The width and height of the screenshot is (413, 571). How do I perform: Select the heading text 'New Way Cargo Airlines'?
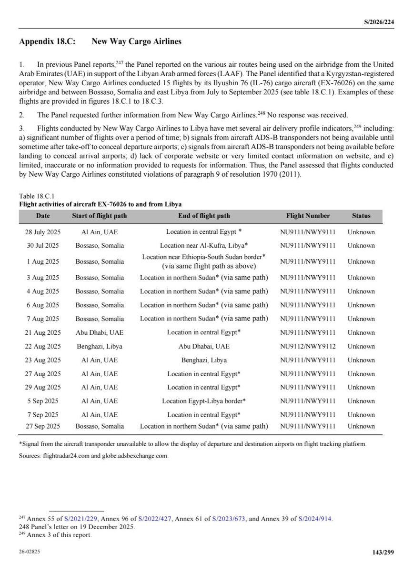point(136,41)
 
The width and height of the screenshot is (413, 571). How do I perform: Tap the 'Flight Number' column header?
point(308,216)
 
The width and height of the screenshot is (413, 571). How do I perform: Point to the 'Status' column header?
point(361,216)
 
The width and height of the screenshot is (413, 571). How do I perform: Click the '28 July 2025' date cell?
point(42,232)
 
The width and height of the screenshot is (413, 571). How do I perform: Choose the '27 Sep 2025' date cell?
point(42,426)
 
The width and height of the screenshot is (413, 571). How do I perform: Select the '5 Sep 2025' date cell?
point(42,401)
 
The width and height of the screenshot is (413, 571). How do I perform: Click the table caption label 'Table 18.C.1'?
point(36,195)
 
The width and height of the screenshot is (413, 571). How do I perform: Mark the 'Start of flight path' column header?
point(99,216)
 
